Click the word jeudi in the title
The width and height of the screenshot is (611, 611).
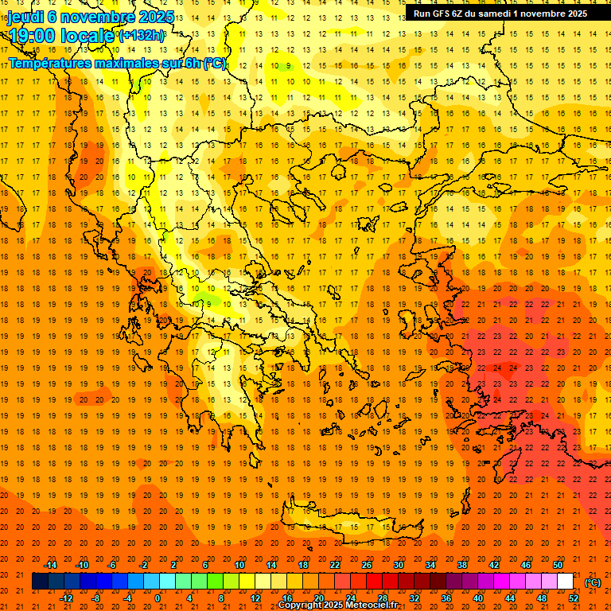coord(25,17)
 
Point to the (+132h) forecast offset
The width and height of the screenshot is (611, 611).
coord(142,36)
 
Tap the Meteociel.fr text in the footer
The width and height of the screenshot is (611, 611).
coord(372,605)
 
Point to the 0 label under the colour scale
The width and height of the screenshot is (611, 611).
coord(158,598)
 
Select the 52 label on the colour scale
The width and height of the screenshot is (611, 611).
coord(574,598)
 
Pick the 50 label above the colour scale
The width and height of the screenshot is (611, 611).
coord(558,565)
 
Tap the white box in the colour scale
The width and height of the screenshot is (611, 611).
coord(565,582)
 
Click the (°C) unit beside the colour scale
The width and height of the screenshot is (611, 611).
coord(593,582)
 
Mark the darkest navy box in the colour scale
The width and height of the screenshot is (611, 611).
coord(40,582)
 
